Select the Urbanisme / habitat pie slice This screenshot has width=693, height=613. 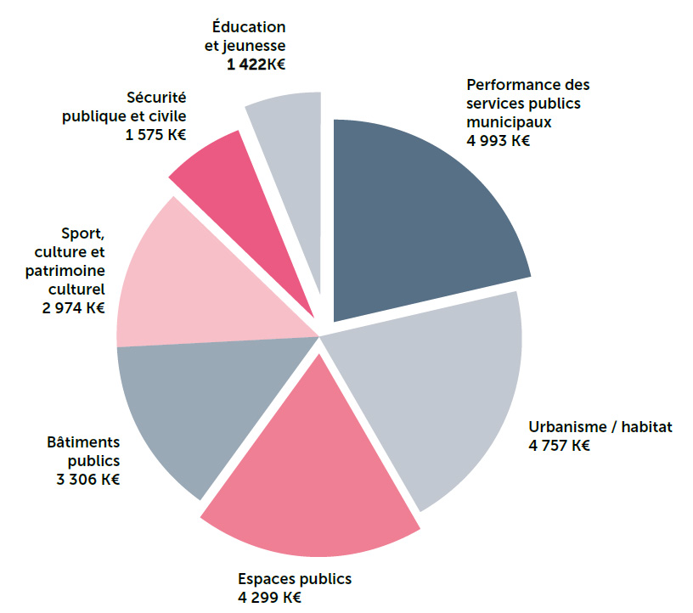433,391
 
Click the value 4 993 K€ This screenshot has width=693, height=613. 498,140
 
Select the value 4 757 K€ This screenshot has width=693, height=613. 559,445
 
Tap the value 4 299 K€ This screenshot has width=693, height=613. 269,597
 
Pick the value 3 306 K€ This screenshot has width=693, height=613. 87,480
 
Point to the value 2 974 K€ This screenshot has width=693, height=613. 72,307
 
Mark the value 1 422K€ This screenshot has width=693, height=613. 256,65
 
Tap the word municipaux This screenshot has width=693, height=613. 509,121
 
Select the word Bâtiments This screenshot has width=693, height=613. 84,442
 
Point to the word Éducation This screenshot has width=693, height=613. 249,27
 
